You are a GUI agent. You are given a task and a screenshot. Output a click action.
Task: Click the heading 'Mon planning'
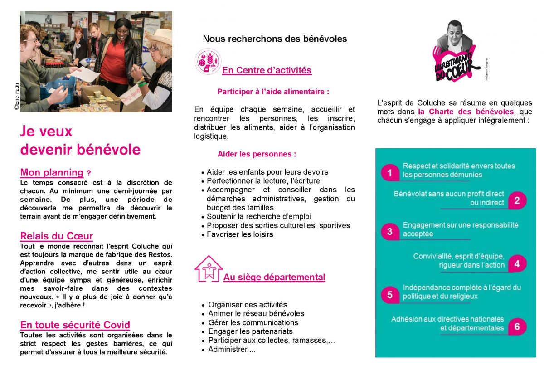pos(52,172)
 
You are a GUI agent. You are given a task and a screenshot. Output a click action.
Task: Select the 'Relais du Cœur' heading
pos(56,236)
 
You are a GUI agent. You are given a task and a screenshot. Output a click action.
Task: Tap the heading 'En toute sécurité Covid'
pos(75,325)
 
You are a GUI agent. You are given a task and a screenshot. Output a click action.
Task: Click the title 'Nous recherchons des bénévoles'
pos(275,39)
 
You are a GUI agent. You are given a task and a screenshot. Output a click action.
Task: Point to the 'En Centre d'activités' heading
pos(267,70)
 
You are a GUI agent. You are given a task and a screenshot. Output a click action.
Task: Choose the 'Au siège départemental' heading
pos(274,277)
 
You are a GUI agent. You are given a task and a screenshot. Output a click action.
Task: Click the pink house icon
pos(208,268)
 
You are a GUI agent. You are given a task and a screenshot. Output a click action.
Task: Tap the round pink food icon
pos(208,61)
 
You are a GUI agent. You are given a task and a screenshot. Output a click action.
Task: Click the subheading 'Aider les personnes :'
pos(257,154)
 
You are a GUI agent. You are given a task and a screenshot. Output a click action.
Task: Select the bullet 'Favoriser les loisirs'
pos(240,234)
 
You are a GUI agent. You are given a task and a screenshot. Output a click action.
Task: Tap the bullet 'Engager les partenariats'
pos(250,331)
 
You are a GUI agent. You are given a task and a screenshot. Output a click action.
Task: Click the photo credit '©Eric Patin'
pos(16,97)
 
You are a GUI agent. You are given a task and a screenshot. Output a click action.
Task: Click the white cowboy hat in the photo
pos(159,37)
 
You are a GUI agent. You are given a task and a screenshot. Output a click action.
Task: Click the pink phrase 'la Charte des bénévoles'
pos(466,112)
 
